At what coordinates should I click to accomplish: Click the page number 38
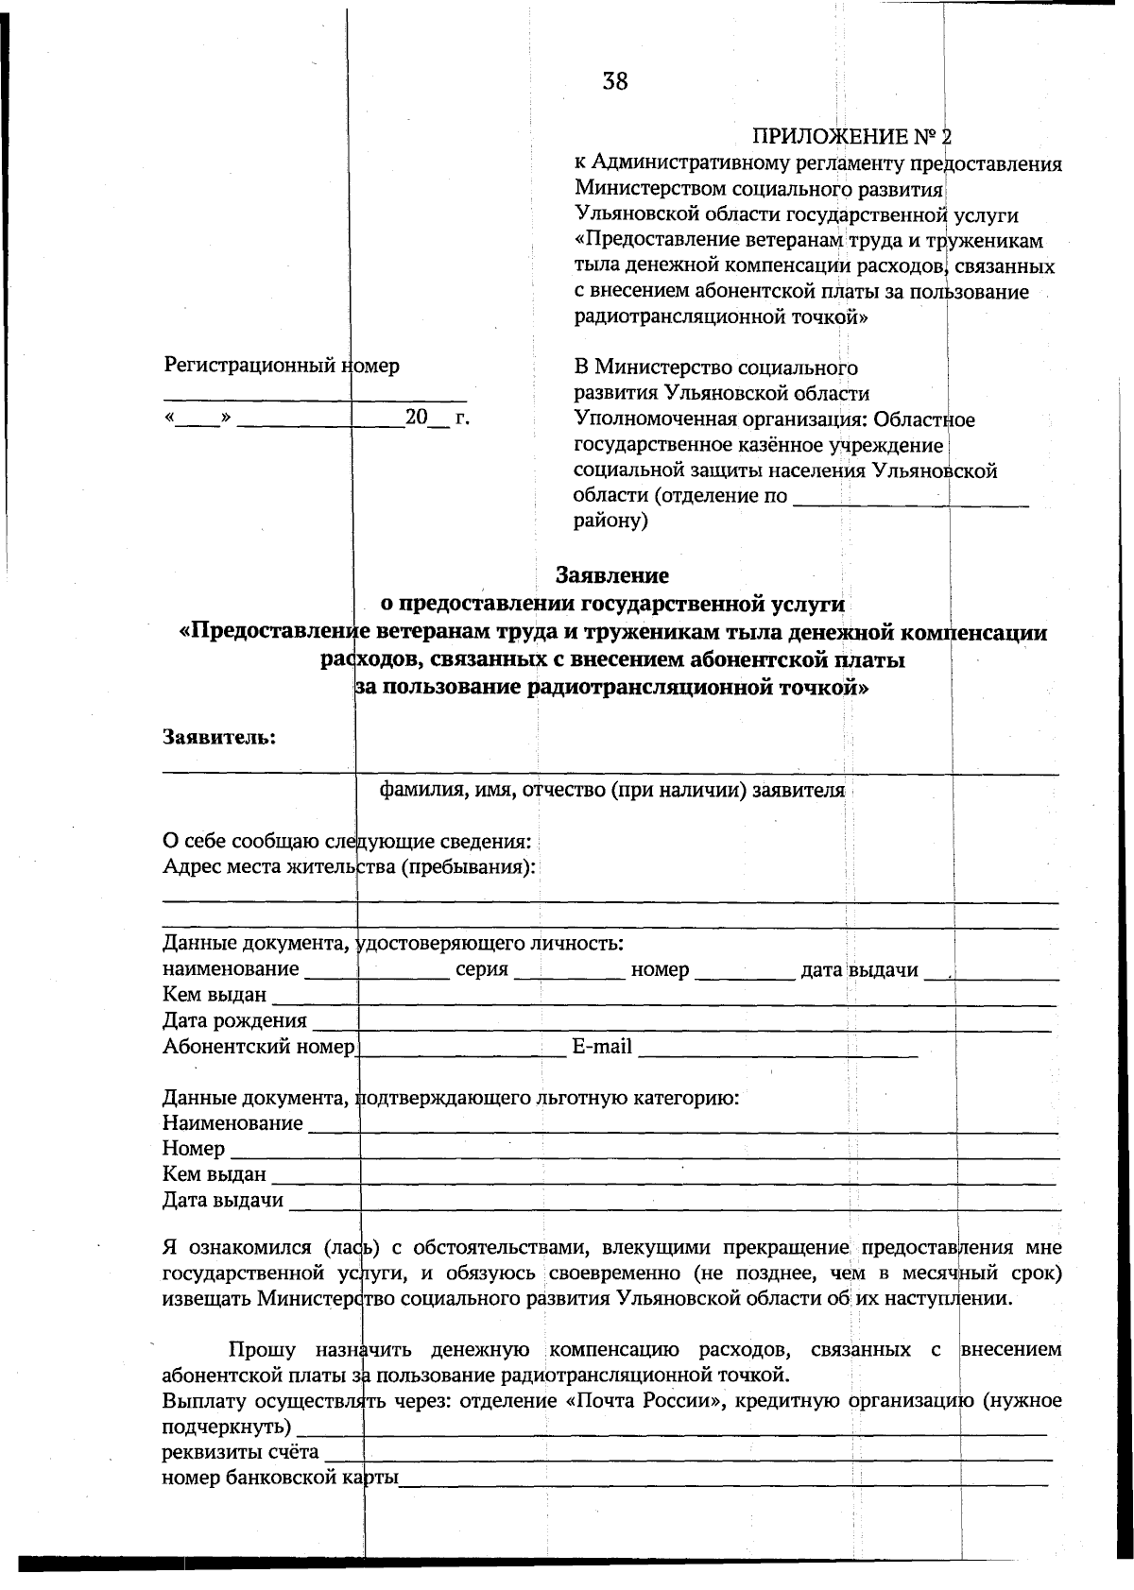pos(614,82)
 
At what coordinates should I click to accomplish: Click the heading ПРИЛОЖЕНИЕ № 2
pos(851,138)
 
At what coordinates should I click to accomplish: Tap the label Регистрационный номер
pos(282,366)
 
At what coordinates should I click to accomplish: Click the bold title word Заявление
pos(612,575)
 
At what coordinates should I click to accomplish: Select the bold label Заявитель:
pos(219,737)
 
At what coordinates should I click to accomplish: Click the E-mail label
pos(602,1047)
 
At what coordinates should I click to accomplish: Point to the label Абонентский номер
pos(259,1047)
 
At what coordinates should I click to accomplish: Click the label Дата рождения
pos(234,1020)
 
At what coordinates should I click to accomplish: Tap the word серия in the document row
pos(482,969)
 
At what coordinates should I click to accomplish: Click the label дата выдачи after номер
pos(860,969)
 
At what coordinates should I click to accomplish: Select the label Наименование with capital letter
pos(232,1123)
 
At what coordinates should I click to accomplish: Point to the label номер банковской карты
pos(280,1478)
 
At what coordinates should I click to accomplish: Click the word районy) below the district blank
pos(610,521)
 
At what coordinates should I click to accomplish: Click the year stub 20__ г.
pos(437,418)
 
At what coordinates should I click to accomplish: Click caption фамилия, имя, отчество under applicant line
pos(611,790)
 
